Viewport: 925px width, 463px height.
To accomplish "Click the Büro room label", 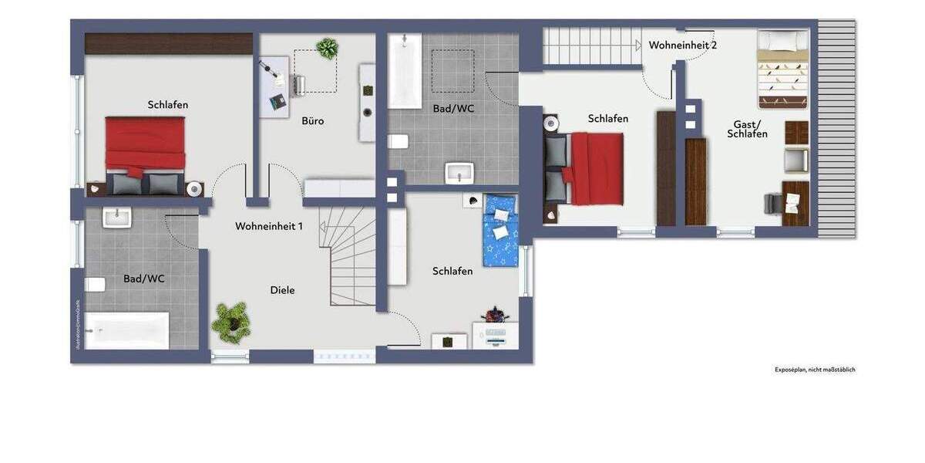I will click(313, 121).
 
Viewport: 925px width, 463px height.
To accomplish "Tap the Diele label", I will click(282, 290).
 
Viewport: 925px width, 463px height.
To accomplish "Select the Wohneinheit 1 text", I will click(269, 226).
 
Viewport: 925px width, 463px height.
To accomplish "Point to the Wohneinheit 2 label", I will click(682, 46).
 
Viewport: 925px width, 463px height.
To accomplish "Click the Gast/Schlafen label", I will click(747, 129).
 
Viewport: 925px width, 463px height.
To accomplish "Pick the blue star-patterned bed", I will click(499, 229).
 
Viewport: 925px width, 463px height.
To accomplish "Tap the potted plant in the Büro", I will click(327, 49).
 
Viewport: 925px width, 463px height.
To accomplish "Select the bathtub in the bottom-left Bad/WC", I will click(126, 330).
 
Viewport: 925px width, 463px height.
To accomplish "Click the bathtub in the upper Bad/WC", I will click(404, 70).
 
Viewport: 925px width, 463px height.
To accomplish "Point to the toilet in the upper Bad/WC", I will click(397, 141).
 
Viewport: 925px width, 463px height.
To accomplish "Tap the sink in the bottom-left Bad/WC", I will click(117, 218).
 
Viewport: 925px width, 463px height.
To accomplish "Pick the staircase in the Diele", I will click(348, 254).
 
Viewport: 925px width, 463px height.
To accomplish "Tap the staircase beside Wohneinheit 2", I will click(591, 46).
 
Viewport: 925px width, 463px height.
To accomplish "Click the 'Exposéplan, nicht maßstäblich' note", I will click(815, 370).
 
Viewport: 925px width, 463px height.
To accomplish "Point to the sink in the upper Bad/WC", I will click(459, 172).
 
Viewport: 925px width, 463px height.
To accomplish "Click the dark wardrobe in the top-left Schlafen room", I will click(169, 44).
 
